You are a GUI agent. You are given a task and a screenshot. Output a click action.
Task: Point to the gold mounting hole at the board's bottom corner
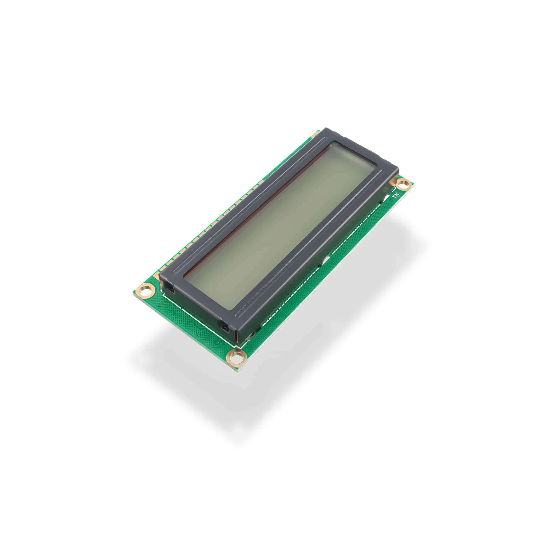point(237,357)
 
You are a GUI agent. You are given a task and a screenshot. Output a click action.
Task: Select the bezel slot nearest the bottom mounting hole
point(225,328)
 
